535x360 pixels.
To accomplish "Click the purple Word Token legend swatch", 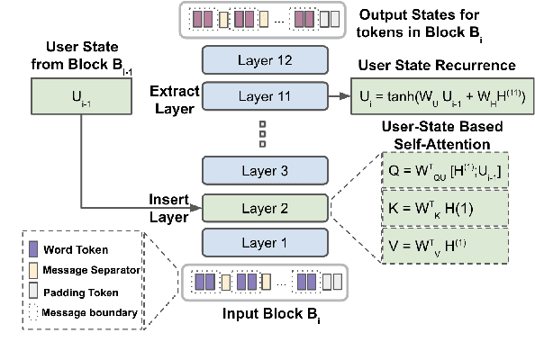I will coord(34,249).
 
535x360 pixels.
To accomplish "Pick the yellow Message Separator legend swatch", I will coord(34,270).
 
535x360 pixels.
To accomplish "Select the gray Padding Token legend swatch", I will coord(34,292).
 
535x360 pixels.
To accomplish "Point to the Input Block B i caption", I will coord(265,317).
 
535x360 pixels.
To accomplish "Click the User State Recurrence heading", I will coord(435,66).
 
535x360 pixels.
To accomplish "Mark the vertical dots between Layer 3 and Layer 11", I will coord(262,132).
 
